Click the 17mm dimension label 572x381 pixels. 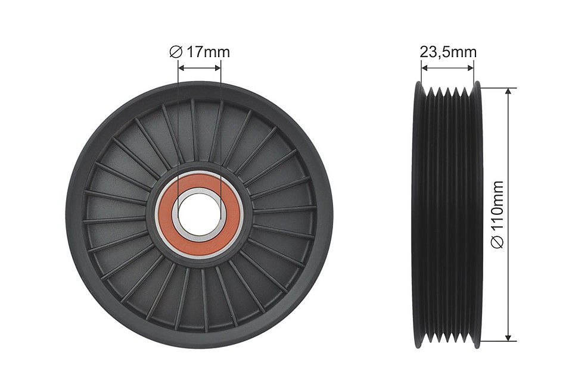coord(209,52)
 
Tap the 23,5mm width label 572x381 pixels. coord(448,52)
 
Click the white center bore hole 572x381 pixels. coord(199,215)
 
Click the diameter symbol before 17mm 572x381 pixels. coord(176,52)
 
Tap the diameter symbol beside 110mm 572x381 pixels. coord(498,243)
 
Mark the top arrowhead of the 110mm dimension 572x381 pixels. coord(508,92)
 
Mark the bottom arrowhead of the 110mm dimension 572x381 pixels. coord(508,337)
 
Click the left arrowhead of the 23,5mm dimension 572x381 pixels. coord(425,67)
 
